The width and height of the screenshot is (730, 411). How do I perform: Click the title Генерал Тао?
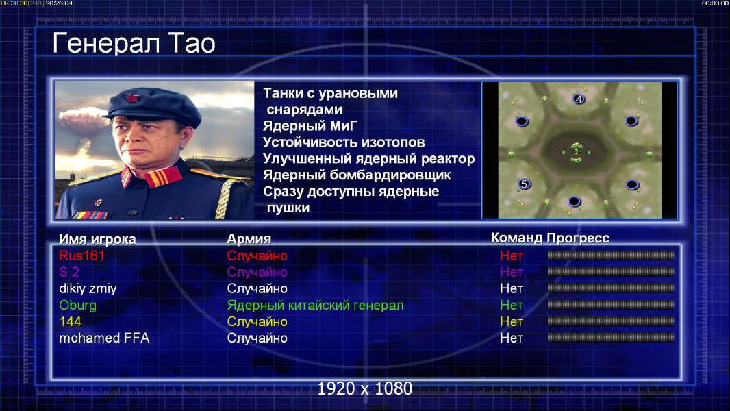point(134,43)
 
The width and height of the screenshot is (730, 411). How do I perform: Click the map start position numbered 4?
point(579,99)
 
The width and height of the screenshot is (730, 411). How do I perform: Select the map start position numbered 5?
point(525,184)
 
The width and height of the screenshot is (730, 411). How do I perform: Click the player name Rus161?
point(81,256)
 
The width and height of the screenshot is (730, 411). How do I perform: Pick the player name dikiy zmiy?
point(88,288)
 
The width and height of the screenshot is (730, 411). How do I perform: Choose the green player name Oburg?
point(78,306)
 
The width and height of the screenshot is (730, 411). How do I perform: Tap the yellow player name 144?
point(70,322)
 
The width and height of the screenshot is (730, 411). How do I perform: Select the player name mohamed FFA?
point(104,338)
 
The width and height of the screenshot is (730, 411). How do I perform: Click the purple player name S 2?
point(69,273)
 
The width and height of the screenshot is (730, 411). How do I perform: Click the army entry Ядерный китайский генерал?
point(315,306)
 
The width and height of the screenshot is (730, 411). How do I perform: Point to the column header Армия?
point(249,239)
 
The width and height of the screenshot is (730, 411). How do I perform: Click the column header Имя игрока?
point(97,239)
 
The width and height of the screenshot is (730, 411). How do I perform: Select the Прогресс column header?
point(578,238)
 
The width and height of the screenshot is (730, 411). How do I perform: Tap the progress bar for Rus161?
point(611,255)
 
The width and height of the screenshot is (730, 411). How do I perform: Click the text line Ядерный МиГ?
point(310,126)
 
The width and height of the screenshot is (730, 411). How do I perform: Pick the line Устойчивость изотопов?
point(344,142)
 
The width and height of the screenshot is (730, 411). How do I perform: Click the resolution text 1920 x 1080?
point(365,388)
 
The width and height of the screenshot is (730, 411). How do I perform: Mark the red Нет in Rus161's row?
point(512,256)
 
